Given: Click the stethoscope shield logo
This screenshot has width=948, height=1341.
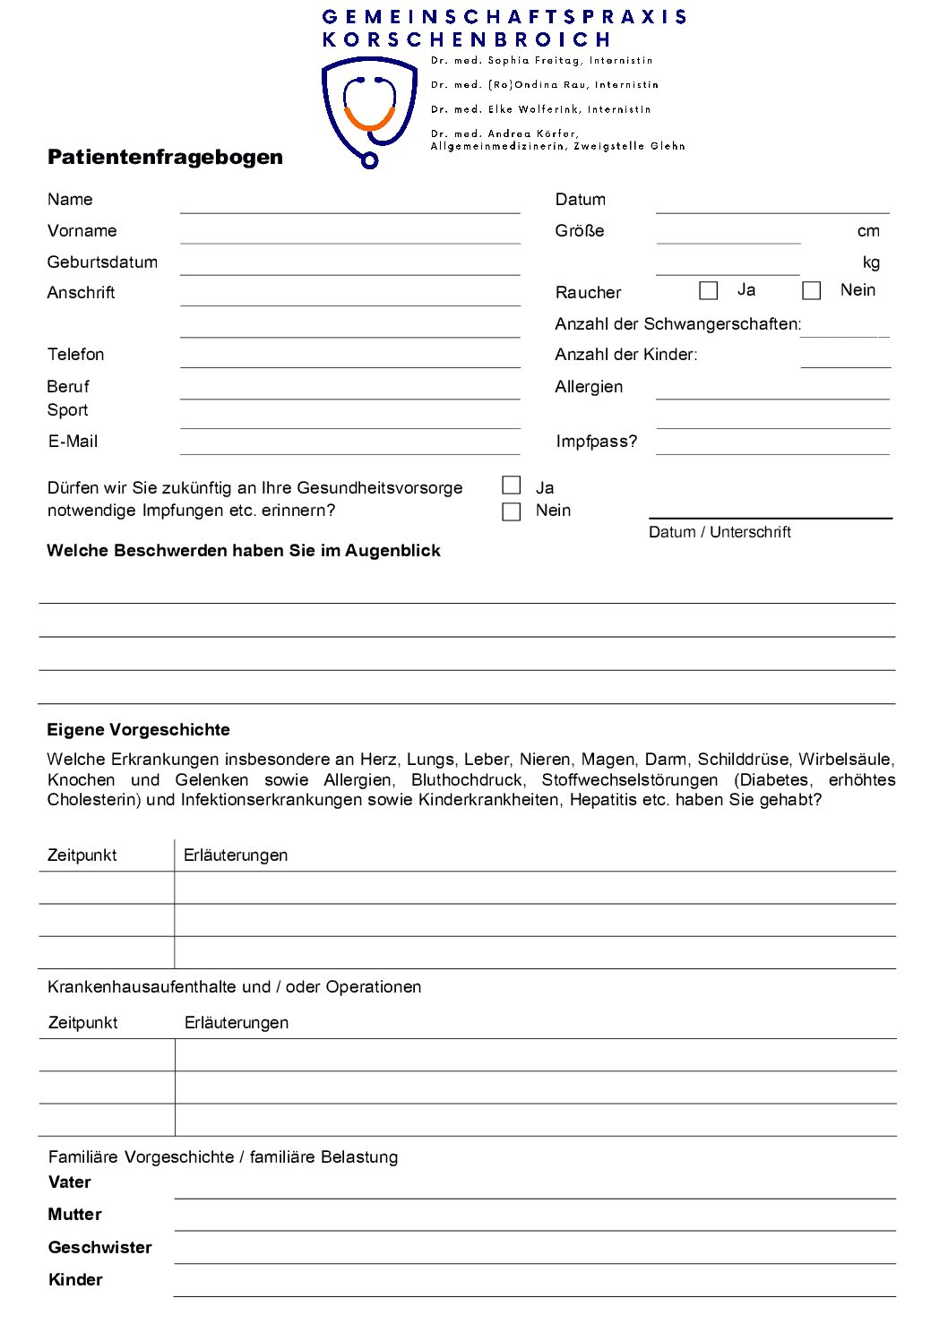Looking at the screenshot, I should coord(368,111).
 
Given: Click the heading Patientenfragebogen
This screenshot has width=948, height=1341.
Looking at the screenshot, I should coord(165,158).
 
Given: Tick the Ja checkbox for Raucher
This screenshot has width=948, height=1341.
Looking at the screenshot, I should coord(709,291).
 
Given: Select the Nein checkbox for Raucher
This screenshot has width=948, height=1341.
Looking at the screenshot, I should coord(812,291).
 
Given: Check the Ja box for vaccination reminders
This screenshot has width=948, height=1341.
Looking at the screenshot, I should coord(512,486).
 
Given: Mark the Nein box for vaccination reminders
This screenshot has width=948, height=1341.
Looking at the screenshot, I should coord(512,511).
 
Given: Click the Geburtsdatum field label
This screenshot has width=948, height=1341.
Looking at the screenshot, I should coord(102,262).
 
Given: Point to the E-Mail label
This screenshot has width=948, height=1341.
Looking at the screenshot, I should coord(73,442).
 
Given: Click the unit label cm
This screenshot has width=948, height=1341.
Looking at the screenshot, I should coord(868,231).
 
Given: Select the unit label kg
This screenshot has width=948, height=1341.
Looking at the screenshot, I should coord(871,262).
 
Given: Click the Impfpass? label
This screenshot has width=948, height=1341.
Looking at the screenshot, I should coord(596,442).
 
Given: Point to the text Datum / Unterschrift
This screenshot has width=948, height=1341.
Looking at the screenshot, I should coord(720,532).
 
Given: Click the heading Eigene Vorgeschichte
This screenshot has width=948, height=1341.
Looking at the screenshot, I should coord(138,730).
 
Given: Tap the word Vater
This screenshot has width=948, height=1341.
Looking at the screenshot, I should coord(70,1182).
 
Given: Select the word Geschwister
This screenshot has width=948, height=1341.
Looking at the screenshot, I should coord(99,1248).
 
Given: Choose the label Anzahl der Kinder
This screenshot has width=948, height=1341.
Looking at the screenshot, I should coord(625,355).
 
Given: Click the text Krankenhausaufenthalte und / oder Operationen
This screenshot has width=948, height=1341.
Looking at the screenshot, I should coord(234,987).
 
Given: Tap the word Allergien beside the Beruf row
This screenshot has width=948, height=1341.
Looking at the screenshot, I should coord(589,387).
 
